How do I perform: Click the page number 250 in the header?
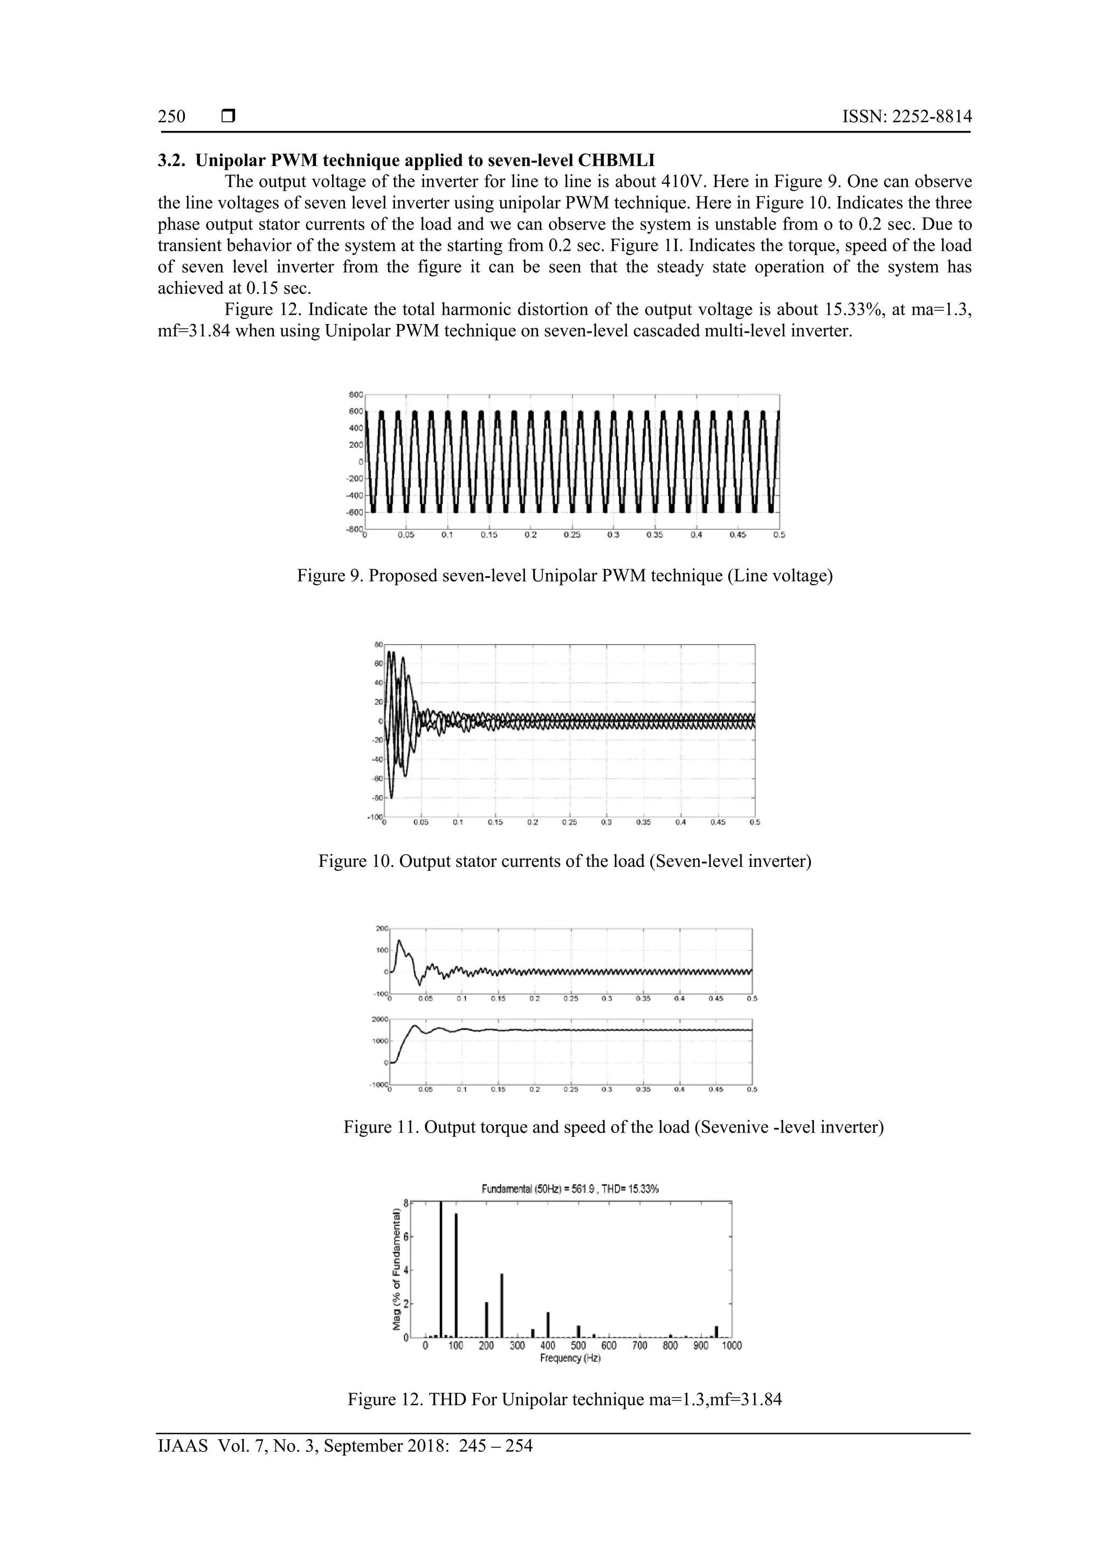click(x=171, y=116)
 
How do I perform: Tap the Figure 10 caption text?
click(x=564, y=861)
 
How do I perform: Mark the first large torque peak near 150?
click(x=399, y=942)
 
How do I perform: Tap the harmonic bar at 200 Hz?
click(x=487, y=1320)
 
